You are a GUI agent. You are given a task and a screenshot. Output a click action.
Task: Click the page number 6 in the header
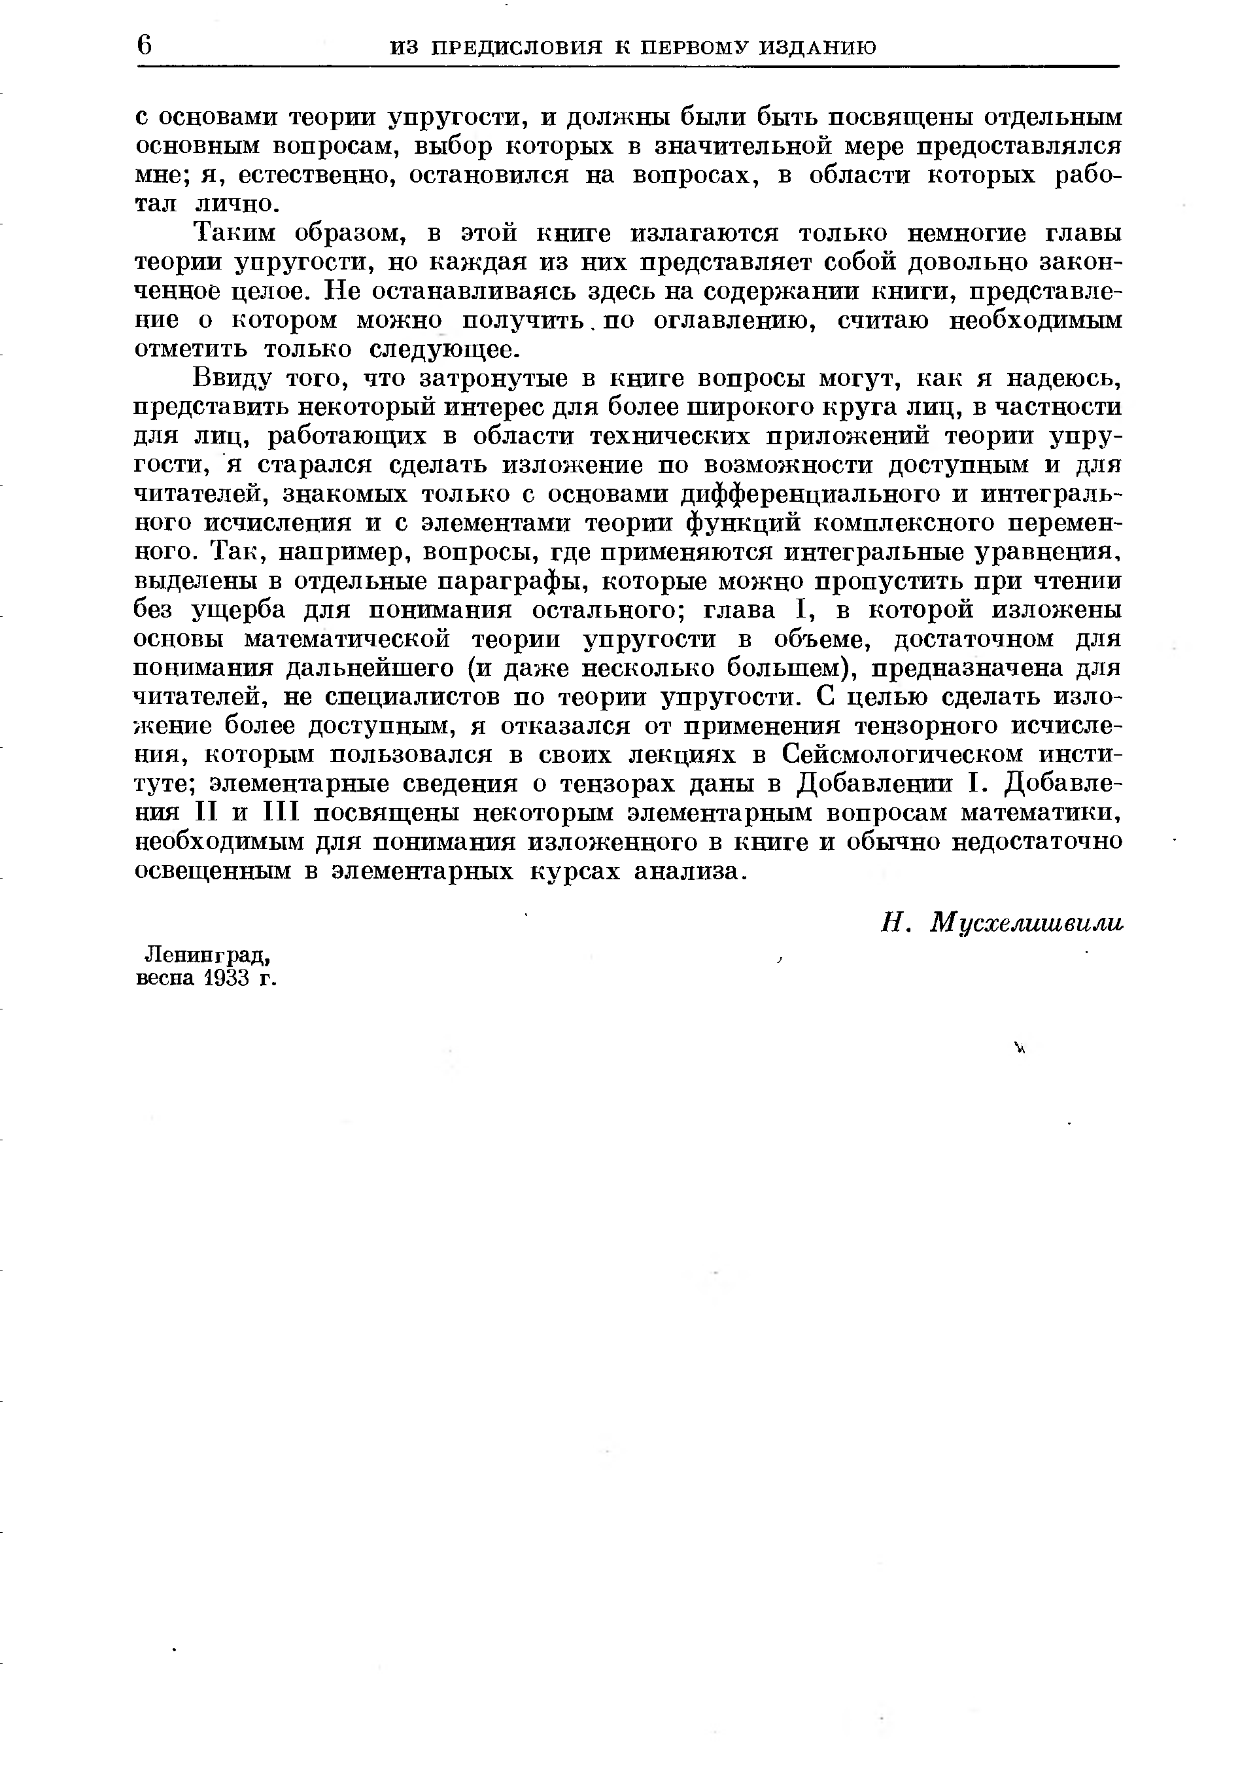click(x=145, y=45)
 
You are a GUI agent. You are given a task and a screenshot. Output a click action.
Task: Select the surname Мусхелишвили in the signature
click(x=1027, y=922)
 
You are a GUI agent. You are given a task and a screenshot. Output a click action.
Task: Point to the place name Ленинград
click(x=208, y=954)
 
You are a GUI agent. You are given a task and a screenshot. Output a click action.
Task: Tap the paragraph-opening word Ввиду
click(x=232, y=379)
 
